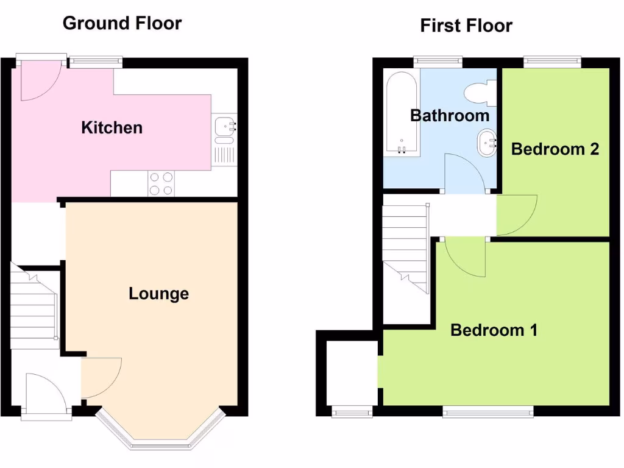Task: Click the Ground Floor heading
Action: coord(122,24)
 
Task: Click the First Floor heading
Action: coord(466,26)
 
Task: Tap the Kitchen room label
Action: coord(112,128)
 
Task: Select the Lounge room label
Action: coord(158,294)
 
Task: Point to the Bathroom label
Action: coord(449,115)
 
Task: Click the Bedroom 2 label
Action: coord(555,149)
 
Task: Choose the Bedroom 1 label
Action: coord(494,330)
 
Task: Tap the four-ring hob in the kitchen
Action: coord(161,183)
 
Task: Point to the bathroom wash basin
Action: coord(486,143)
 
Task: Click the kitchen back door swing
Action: coord(38,82)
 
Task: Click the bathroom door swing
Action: coord(464,175)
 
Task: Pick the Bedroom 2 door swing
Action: coord(516,214)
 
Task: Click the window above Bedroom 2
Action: coord(551,60)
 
